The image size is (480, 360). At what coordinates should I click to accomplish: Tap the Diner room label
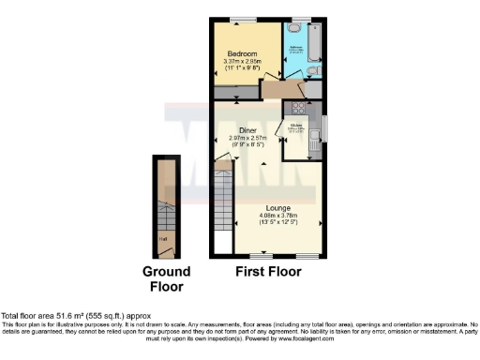click(247, 130)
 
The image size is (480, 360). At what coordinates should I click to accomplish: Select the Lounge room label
click(277, 207)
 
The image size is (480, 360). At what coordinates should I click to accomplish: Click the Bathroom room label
click(295, 46)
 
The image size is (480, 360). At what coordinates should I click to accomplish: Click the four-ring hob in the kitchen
click(300, 107)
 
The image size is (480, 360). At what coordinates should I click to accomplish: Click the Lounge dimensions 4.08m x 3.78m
click(277, 218)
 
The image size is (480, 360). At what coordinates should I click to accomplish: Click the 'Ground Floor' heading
click(166, 279)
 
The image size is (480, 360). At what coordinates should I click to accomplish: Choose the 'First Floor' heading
click(268, 273)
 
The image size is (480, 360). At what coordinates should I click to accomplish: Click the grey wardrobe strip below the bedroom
click(236, 92)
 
